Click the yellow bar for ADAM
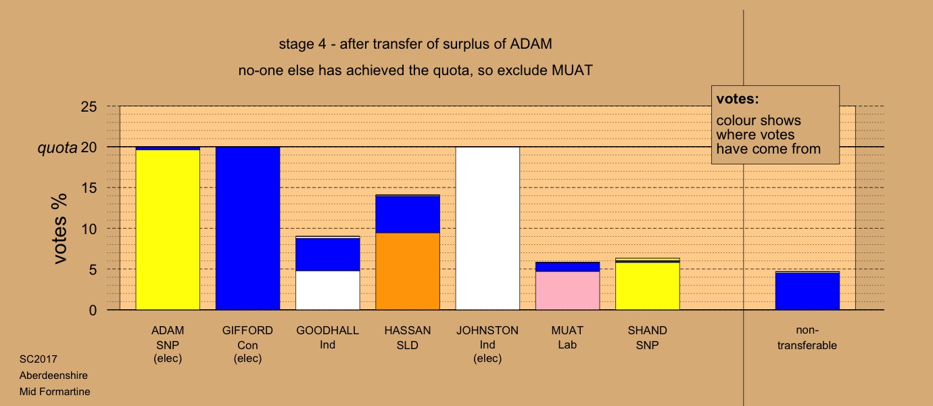point(168,229)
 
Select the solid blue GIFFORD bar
point(247,229)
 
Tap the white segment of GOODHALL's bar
point(327,290)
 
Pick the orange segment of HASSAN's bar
point(408,271)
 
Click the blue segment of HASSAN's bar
point(408,215)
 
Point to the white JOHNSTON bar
point(487,229)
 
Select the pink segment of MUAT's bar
point(567,290)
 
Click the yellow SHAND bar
point(647,286)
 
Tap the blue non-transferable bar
point(807,292)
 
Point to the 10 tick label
point(89,229)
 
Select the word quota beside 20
point(57,148)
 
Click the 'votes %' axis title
point(60,229)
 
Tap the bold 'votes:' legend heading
point(738,99)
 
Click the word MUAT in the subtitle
point(572,70)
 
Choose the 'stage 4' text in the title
point(302,44)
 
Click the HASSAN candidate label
point(408,330)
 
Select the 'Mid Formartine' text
point(55,391)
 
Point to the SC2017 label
point(39,359)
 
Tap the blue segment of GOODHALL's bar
point(327,254)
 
